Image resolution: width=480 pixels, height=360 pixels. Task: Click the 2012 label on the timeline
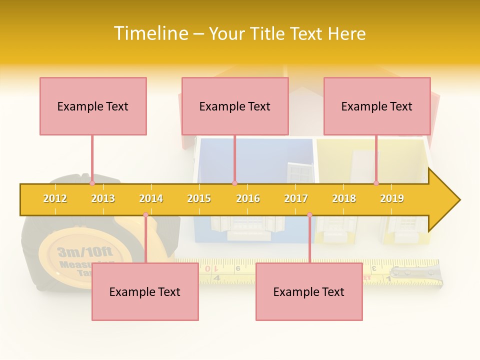[55, 198]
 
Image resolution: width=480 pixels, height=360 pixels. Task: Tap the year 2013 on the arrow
[103, 198]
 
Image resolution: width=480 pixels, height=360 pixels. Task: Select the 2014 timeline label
[151, 198]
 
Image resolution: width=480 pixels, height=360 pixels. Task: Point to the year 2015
[199, 198]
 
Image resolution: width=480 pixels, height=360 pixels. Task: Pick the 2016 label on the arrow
[248, 198]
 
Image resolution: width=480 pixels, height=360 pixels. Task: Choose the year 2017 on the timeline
[296, 198]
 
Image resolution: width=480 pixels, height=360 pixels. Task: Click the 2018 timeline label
[344, 198]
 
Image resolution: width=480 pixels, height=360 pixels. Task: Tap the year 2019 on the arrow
[392, 198]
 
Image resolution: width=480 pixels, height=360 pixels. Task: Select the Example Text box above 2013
[93, 106]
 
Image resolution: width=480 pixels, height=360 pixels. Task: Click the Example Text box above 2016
[235, 106]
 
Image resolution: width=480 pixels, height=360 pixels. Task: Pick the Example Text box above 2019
[377, 106]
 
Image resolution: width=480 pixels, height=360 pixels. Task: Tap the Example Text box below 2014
[145, 291]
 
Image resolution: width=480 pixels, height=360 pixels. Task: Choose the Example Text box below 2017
[309, 291]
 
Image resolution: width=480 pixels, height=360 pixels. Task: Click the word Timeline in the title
[150, 33]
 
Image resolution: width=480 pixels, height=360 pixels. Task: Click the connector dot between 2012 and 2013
[92, 183]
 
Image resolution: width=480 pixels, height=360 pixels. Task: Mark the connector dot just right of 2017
[309, 215]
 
